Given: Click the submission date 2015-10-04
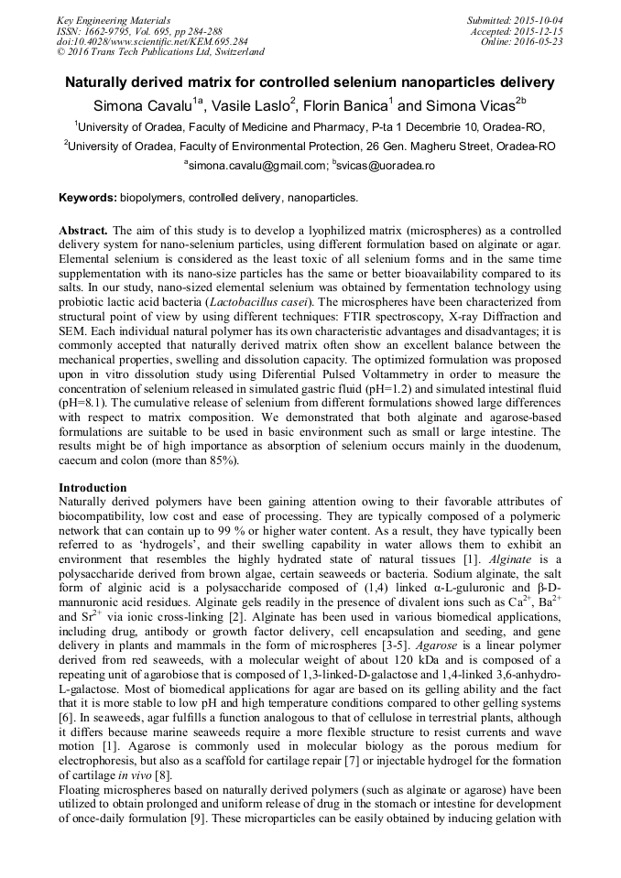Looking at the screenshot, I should [x=540, y=20].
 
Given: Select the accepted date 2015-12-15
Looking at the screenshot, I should [x=540, y=31].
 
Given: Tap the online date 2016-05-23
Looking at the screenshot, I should [x=540, y=42].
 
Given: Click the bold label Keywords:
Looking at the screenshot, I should [x=88, y=198].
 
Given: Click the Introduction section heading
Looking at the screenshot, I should [x=93, y=488].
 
